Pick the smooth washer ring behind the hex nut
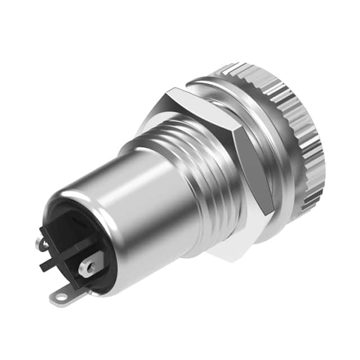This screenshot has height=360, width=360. pos(270,141)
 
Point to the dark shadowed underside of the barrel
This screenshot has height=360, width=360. pos(163,247)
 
